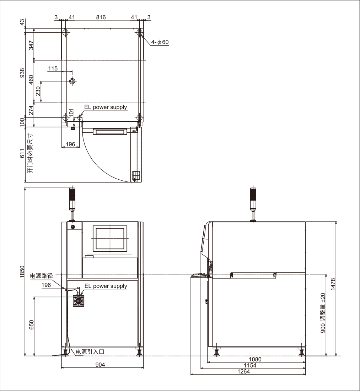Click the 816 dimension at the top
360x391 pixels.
(101, 17)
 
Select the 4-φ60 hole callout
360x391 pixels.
(160, 42)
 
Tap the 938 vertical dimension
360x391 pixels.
(22, 73)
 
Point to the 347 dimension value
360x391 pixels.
(31, 45)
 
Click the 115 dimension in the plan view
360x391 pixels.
(53, 68)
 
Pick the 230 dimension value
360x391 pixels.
(38, 91)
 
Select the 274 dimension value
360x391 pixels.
(31, 110)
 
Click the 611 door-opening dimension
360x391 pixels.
(22, 153)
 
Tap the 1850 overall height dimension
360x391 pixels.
(22, 272)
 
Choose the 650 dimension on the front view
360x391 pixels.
(31, 325)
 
